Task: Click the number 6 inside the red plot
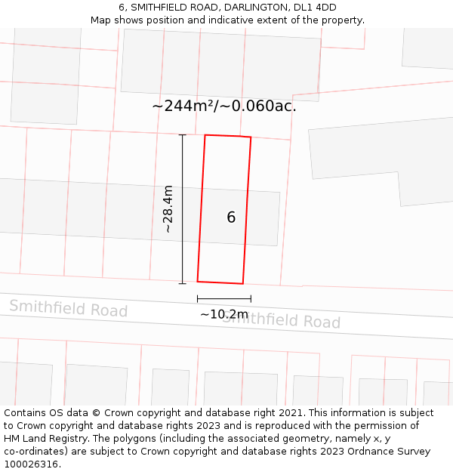pos(231,217)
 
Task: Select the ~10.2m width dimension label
pos(223,314)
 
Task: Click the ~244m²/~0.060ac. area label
pos(224,106)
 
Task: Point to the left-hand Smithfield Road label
pos(68,308)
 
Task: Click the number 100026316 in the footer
pos(32,464)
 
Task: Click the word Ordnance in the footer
pos(361,452)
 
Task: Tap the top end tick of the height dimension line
pos(182,134)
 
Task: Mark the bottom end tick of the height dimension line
pos(182,284)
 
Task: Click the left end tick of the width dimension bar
pos(198,299)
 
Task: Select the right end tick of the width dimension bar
pos(251,299)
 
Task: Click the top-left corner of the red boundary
pos(205,135)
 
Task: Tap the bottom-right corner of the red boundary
pos(242,284)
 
